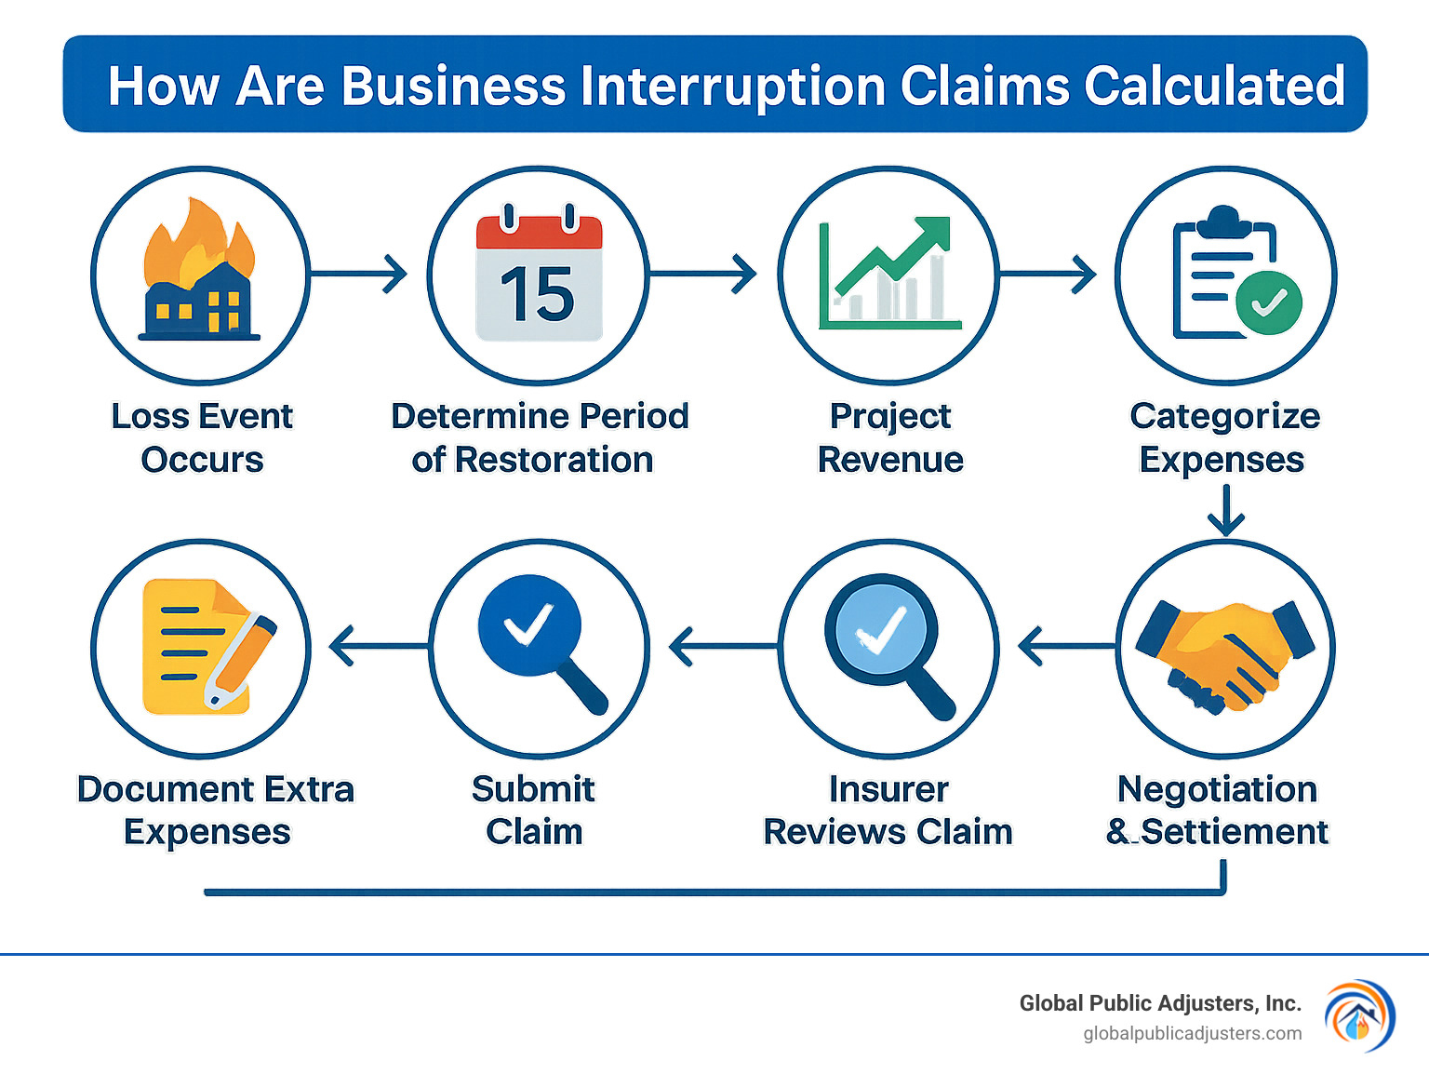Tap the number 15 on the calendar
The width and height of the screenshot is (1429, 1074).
pos(538,295)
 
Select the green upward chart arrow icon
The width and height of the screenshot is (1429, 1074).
pos(893,257)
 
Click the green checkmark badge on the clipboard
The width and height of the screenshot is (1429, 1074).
pos(1268,302)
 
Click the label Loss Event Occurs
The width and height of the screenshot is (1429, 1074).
pos(202,437)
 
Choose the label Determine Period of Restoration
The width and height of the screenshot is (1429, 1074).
pos(539,437)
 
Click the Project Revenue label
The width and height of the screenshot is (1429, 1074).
pos(890,437)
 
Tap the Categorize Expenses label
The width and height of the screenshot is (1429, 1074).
pos(1224,437)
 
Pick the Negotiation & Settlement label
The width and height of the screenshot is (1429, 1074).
pos(1218,810)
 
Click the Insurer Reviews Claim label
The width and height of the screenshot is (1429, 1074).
pos(888,810)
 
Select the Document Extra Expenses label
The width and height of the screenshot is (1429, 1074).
pos(215,810)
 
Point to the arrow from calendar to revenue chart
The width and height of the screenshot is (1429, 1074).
pos(703,274)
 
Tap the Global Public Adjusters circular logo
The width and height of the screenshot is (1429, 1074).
pos(1359,1016)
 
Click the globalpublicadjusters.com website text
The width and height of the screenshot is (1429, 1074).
pos(1192,1033)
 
